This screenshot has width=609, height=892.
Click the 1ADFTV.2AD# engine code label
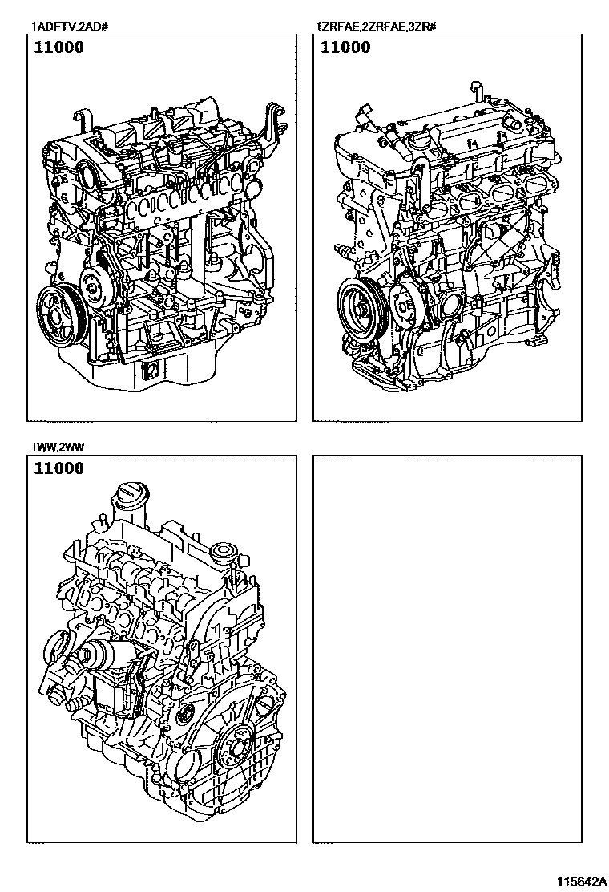[x=70, y=26]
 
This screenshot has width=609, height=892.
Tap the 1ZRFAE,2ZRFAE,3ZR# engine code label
[x=376, y=26]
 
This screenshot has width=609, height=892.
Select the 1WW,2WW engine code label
[x=58, y=447]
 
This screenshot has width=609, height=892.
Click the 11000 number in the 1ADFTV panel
[x=58, y=47]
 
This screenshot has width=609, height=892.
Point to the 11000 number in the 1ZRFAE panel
[x=345, y=47]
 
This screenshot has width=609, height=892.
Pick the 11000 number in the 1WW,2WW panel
[x=58, y=468]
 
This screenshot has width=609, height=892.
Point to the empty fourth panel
[x=448, y=648]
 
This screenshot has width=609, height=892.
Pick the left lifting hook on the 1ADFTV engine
[x=85, y=122]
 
